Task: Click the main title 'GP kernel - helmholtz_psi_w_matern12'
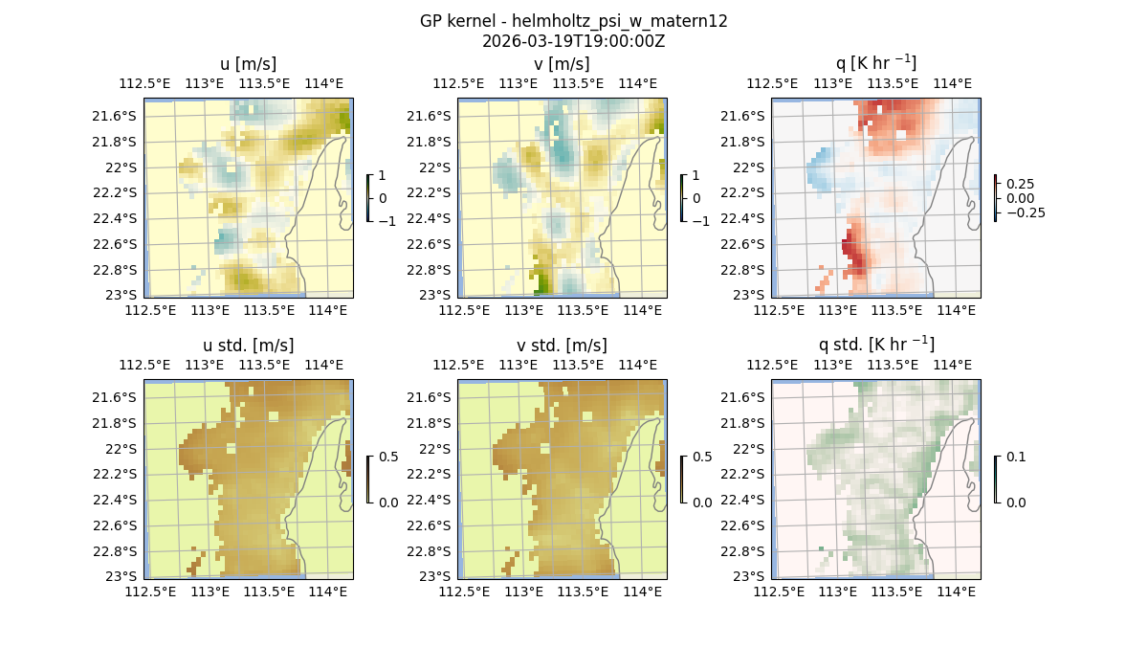[x=573, y=21]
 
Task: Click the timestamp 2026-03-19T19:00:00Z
[x=573, y=41]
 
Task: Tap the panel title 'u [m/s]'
[x=248, y=64]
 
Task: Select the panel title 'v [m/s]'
[x=562, y=64]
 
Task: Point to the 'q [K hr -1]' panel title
[x=875, y=64]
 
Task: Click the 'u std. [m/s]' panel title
[x=248, y=346]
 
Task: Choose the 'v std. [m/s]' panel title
[x=562, y=346]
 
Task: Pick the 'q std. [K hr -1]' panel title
[x=875, y=346]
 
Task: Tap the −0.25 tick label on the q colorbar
[x=1025, y=212]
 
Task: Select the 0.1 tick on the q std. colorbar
[x=1016, y=458]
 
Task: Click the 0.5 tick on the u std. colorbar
[x=388, y=458]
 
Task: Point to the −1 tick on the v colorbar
[x=701, y=220]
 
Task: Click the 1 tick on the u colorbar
[x=384, y=176]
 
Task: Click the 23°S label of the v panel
[x=441, y=295]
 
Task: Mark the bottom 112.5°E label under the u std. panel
[x=151, y=592]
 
